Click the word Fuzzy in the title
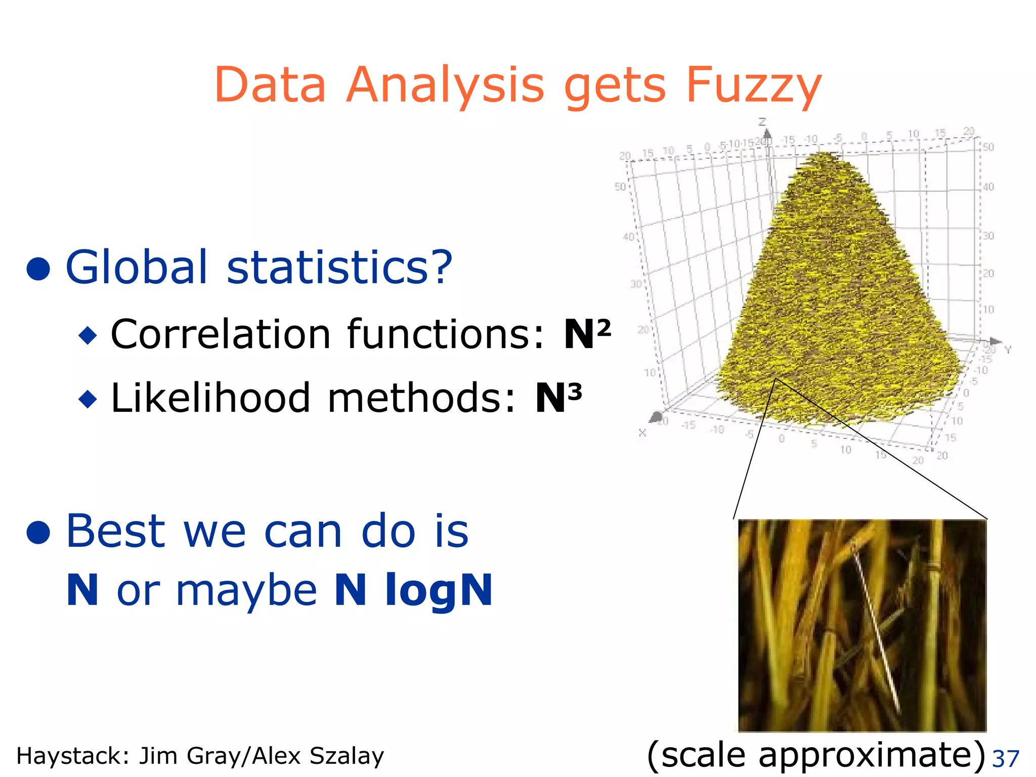pos(753,86)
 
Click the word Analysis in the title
pos(445,86)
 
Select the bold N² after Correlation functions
pos(587,334)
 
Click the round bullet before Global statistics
pos(38,268)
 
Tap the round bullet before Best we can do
pos(38,532)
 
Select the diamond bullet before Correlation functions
pos(88,335)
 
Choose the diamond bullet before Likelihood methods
pos(88,399)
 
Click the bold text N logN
pos(413,590)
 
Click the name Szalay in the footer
pos(347,756)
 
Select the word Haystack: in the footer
pos(74,756)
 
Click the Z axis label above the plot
pos(762,122)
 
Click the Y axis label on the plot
pos(1008,350)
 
